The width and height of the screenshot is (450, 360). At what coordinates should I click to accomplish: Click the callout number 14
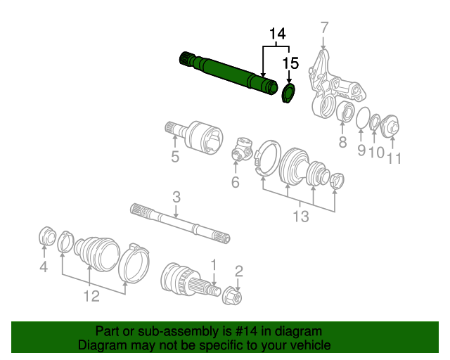[x=278, y=33]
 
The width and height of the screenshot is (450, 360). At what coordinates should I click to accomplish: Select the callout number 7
[x=324, y=28]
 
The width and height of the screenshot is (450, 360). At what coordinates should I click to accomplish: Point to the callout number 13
[x=300, y=217]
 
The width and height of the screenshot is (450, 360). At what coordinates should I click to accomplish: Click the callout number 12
[x=92, y=296]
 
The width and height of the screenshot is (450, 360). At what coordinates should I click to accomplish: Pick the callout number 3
[x=176, y=197]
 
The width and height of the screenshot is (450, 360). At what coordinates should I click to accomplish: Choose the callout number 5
[x=174, y=157]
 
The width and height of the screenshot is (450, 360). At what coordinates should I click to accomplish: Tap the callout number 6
[x=235, y=183]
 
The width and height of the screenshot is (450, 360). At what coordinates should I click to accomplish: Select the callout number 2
[x=238, y=271]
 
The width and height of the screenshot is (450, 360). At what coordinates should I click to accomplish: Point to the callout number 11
[x=394, y=158]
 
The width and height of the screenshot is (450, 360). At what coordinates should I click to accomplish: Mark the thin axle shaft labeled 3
[x=179, y=221]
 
